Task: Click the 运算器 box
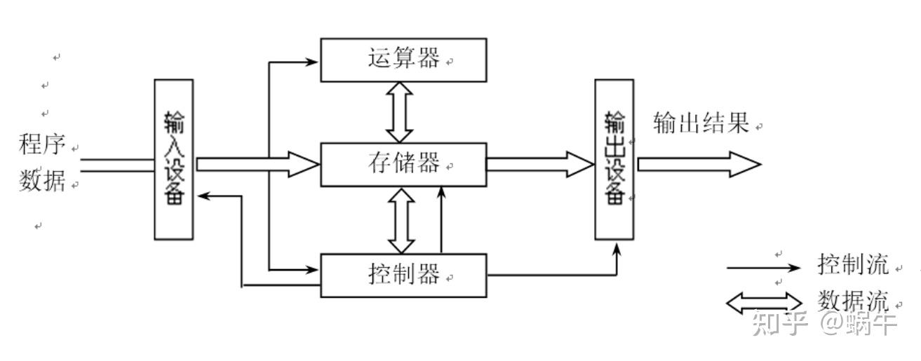coord(403,60)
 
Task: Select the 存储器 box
coord(403,164)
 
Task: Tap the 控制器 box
coord(403,275)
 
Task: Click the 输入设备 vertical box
coord(173,159)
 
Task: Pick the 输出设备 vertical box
coord(614,159)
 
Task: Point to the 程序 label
coord(42,145)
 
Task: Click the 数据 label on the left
coord(42,182)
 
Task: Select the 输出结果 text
coord(701,123)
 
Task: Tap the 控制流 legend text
coord(852,265)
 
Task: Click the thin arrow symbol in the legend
coord(762,268)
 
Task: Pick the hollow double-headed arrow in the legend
coord(763,303)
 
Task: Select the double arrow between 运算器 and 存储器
coord(401,111)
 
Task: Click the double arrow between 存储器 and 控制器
coord(401,219)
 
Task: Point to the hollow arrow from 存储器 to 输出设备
coord(540,164)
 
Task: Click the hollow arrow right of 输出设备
coord(698,164)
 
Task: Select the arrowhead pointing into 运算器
coord(312,62)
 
